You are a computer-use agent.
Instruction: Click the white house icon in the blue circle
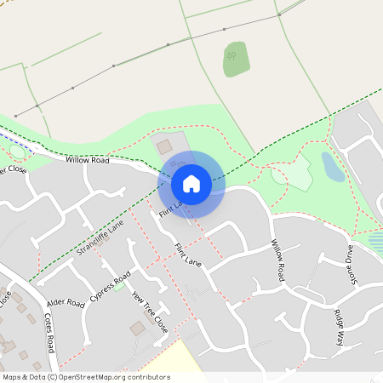[x=191, y=183]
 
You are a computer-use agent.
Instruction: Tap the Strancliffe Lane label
[x=100, y=237]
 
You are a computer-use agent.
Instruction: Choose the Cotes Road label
[x=49, y=333]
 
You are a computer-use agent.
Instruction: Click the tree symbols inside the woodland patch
[x=232, y=58]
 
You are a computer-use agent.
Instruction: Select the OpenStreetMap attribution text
[x=86, y=376]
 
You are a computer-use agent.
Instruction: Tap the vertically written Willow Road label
[x=277, y=260]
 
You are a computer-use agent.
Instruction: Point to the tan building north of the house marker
[x=163, y=146]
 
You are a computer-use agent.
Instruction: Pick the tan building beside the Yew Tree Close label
[x=137, y=328]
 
